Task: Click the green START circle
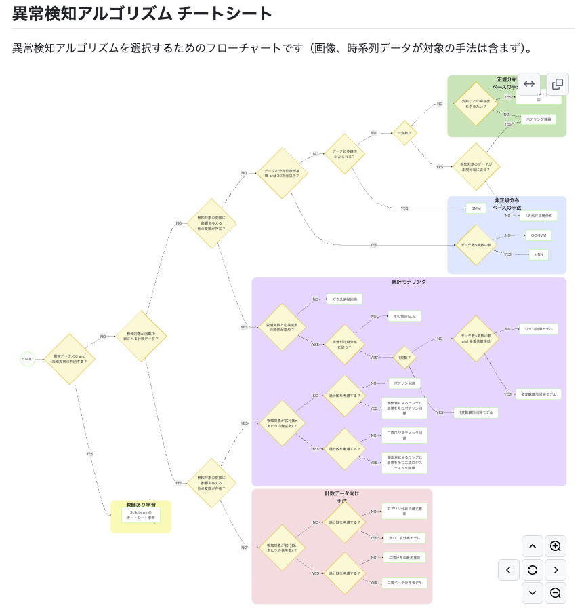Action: pyautogui.click(x=28, y=359)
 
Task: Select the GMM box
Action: pyautogui.click(x=476, y=208)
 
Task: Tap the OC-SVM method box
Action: pyautogui.click(x=538, y=235)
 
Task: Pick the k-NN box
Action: pyautogui.click(x=538, y=255)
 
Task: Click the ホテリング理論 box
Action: pyautogui.click(x=538, y=119)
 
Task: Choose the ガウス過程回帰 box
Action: pyautogui.click(x=344, y=299)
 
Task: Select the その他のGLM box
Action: pyautogui.click(x=404, y=316)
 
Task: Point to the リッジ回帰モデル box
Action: pyautogui.click(x=538, y=329)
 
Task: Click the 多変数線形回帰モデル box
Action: pyautogui.click(x=538, y=394)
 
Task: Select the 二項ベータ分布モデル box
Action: pyautogui.click(x=404, y=583)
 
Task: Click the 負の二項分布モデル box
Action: pyautogui.click(x=404, y=538)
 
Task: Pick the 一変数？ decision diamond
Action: pyautogui.click(x=405, y=133)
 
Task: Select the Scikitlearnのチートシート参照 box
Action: pyautogui.click(x=141, y=515)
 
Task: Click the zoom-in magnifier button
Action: pyautogui.click(x=556, y=546)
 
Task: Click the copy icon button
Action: pyautogui.click(x=557, y=84)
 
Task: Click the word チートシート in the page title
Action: pyautogui.click(x=225, y=14)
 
